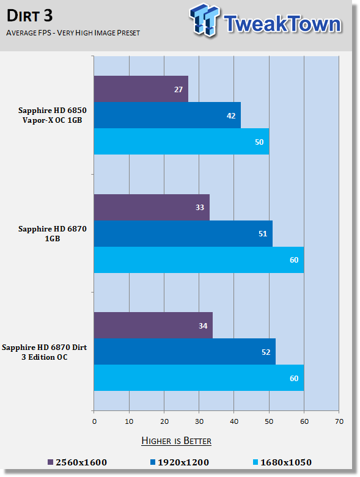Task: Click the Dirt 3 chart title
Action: point(29,15)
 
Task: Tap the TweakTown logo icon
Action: point(205,20)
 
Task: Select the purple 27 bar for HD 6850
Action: point(141,89)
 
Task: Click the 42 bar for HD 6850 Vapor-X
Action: point(167,115)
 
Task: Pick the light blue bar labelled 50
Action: point(182,141)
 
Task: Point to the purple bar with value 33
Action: point(152,207)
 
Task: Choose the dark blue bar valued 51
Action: point(183,233)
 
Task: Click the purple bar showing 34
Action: point(153,325)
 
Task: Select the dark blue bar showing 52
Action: point(185,351)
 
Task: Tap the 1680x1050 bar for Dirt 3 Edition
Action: point(199,377)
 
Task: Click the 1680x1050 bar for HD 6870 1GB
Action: point(199,260)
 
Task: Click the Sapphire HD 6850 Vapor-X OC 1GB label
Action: point(53,115)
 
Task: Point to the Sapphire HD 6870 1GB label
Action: point(53,233)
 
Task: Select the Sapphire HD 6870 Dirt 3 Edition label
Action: point(45,352)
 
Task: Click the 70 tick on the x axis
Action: point(339,421)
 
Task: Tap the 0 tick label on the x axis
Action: point(94,421)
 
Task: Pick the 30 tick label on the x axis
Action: point(199,421)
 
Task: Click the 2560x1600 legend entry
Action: point(77,462)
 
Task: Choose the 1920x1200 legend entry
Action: point(180,462)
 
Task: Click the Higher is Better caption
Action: point(176,441)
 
